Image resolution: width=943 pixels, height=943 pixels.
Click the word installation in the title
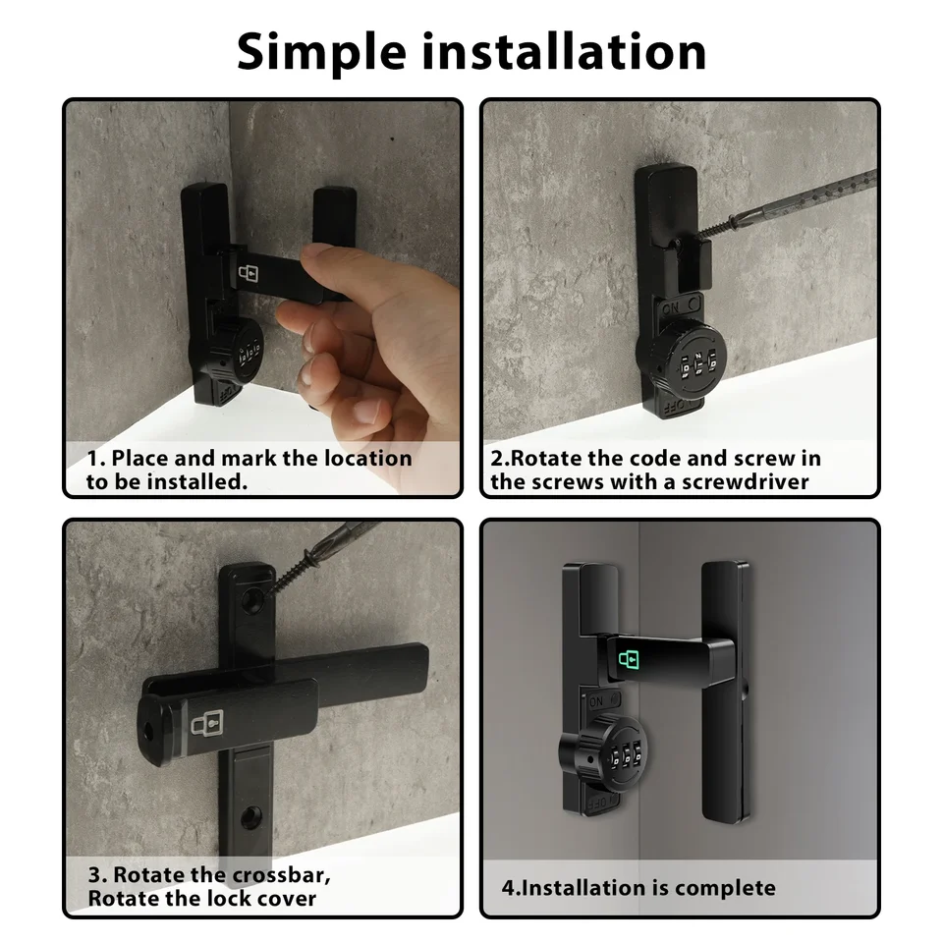[564, 52]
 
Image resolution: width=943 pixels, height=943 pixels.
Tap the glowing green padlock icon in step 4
[629, 659]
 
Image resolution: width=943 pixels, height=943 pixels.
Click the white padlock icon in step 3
[207, 724]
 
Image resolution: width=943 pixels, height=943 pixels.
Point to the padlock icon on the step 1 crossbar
[249, 273]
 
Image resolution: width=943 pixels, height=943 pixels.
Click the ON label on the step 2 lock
[670, 307]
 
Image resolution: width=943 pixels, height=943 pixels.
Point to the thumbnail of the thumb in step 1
[312, 251]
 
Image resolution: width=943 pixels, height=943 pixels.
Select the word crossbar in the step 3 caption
[281, 875]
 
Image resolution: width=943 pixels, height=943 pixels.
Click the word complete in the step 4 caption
[725, 888]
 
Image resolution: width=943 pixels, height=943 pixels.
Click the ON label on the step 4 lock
[596, 701]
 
